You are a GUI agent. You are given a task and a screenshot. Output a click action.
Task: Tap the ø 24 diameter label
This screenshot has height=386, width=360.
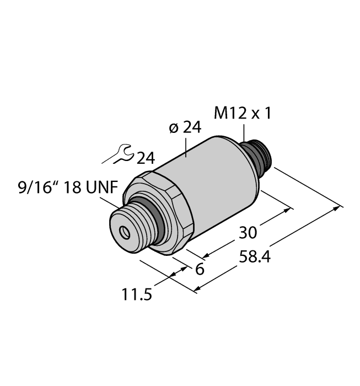tap(185, 127)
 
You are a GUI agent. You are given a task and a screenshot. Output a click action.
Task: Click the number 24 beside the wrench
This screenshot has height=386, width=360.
tap(145, 159)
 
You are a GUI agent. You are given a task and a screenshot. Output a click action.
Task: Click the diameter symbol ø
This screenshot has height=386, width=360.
tap(173, 128)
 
